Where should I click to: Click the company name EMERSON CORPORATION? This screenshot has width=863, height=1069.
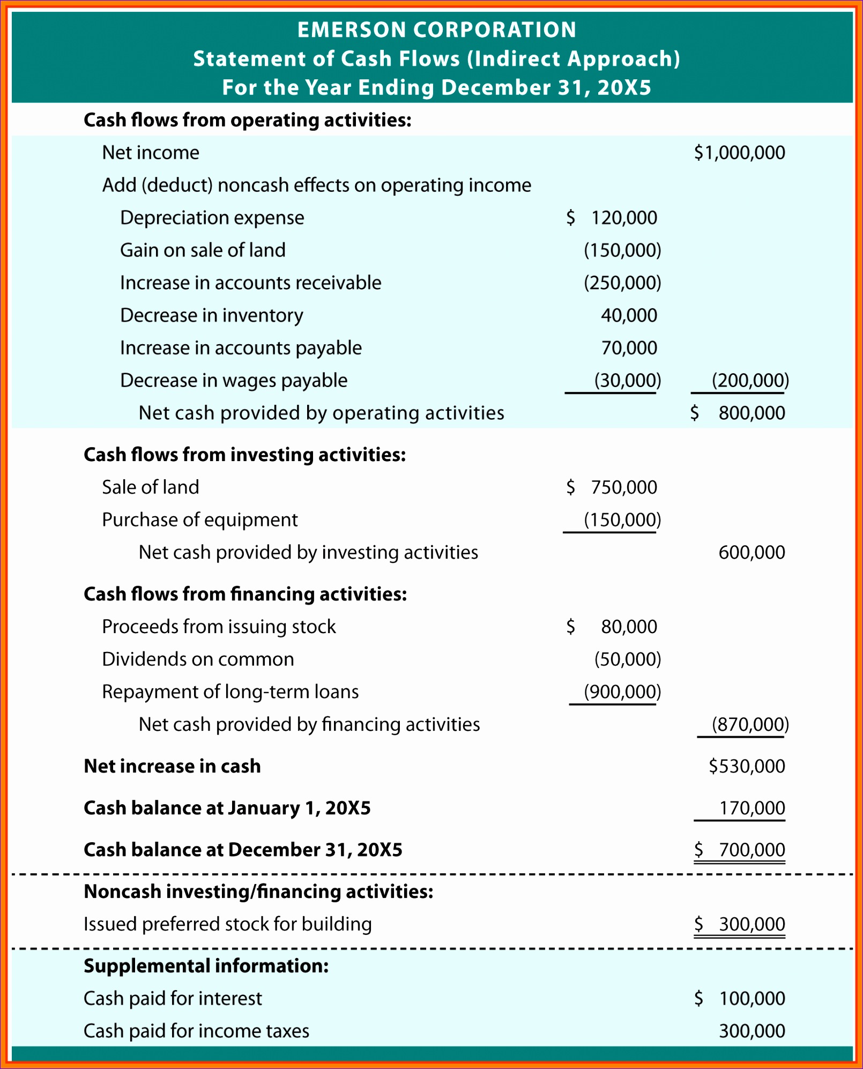tap(437, 30)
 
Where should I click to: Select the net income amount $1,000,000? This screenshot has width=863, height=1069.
tap(739, 153)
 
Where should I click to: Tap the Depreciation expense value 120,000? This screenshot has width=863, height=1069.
tap(623, 218)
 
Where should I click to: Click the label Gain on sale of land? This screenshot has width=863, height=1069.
tap(203, 250)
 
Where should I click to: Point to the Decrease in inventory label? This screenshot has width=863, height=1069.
tap(211, 315)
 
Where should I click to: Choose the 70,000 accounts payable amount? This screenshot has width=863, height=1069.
tap(629, 348)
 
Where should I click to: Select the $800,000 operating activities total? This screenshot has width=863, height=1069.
tap(751, 413)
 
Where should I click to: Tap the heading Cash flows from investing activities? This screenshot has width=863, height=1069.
tap(244, 455)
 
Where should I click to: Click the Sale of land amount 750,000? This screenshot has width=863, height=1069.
tap(623, 487)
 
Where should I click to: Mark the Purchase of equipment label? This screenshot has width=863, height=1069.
tap(199, 520)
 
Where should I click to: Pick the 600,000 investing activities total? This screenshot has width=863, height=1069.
tap(752, 552)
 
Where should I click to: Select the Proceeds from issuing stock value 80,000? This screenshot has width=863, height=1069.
tap(628, 627)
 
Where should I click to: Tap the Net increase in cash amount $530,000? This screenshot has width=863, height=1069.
tap(747, 766)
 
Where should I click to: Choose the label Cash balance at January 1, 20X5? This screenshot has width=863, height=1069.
tap(227, 808)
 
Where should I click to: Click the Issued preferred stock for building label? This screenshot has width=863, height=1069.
tap(227, 924)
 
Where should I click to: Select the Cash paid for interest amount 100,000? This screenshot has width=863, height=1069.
tap(752, 998)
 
